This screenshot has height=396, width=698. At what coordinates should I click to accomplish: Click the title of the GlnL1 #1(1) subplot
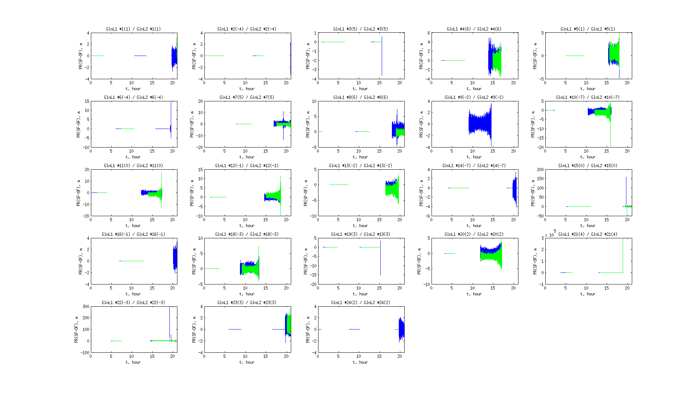pyautogui.click(x=133, y=29)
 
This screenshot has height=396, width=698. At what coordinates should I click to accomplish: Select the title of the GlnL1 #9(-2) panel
pyautogui.click(x=474, y=97)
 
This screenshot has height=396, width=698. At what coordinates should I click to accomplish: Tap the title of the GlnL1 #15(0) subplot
pyautogui.click(x=588, y=166)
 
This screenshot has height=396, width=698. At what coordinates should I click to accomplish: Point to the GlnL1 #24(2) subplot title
pyautogui.click(x=361, y=303)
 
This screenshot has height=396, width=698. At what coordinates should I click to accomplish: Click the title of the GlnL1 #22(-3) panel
pyautogui.click(x=133, y=303)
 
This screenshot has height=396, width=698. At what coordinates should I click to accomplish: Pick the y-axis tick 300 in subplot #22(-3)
pyautogui.click(x=86, y=306)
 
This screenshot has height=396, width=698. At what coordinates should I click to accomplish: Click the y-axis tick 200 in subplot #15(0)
pyautogui.click(x=540, y=170)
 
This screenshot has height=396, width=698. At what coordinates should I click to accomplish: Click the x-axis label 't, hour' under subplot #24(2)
pyautogui.click(x=360, y=362)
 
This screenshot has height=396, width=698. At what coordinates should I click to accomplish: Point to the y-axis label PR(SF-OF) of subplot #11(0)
pyautogui.click(x=79, y=193)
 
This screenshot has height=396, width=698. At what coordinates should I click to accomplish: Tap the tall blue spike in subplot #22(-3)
pyautogui.click(x=169, y=320)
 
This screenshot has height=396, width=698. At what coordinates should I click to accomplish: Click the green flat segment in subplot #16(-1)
pyautogui.click(x=132, y=261)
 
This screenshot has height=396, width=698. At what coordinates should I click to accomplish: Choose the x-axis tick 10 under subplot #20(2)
pyautogui.click(x=472, y=288)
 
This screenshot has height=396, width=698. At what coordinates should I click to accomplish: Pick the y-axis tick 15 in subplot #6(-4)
pyautogui.click(x=87, y=101)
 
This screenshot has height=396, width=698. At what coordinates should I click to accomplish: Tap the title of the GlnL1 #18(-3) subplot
pyautogui.click(x=247, y=234)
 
